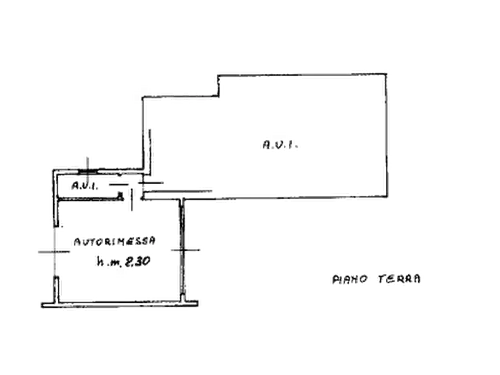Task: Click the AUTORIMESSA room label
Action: tap(115, 242)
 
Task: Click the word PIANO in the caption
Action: tap(348, 278)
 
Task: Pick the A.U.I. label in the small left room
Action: tap(82, 185)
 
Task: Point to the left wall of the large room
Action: tap(149, 134)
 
